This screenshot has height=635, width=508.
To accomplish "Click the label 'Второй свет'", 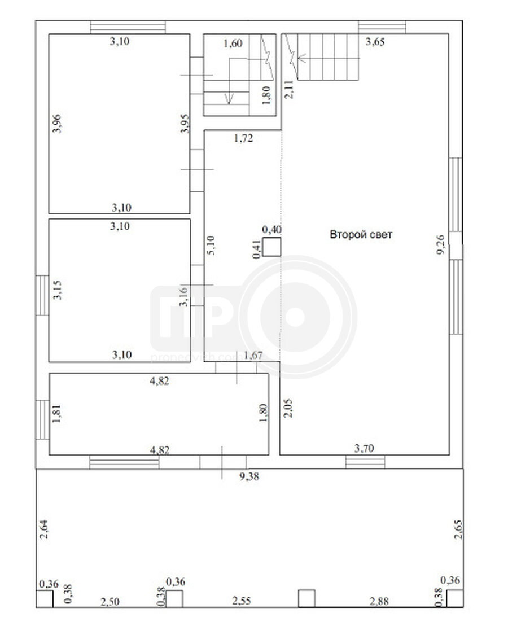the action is click(x=361, y=234).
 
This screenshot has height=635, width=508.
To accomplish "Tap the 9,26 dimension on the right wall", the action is click(x=441, y=244).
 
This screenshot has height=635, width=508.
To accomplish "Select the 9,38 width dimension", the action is click(x=249, y=476).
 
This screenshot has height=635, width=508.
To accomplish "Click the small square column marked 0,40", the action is click(x=271, y=247).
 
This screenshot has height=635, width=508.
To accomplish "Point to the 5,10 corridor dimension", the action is click(x=211, y=246).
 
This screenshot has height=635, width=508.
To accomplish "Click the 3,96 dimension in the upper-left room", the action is click(x=57, y=124).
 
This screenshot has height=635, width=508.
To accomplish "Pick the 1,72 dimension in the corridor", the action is click(x=243, y=138).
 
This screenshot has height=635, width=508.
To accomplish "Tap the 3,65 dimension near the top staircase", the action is click(x=375, y=41).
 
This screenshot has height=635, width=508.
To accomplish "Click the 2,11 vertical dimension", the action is click(x=289, y=90).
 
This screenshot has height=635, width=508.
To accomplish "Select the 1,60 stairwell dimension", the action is click(x=233, y=43).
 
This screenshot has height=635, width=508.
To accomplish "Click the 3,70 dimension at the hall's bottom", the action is click(x=364, y=448).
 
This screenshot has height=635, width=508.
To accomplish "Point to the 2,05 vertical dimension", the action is click(x=288, y=408).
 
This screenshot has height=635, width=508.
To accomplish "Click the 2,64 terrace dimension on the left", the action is click(x=44, y=529).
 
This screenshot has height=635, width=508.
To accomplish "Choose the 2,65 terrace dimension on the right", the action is click(x=458, y=529).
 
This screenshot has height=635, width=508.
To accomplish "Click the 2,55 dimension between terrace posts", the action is click(x=242, y=601).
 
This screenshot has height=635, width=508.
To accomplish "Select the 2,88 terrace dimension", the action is click(x=379, y=601).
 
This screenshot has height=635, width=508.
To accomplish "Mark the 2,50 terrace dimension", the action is click(x=110, y=602).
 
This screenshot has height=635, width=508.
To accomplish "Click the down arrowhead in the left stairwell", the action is click(x=229, y=98).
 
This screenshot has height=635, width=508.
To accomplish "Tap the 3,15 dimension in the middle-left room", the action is click(x=58, y=290).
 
